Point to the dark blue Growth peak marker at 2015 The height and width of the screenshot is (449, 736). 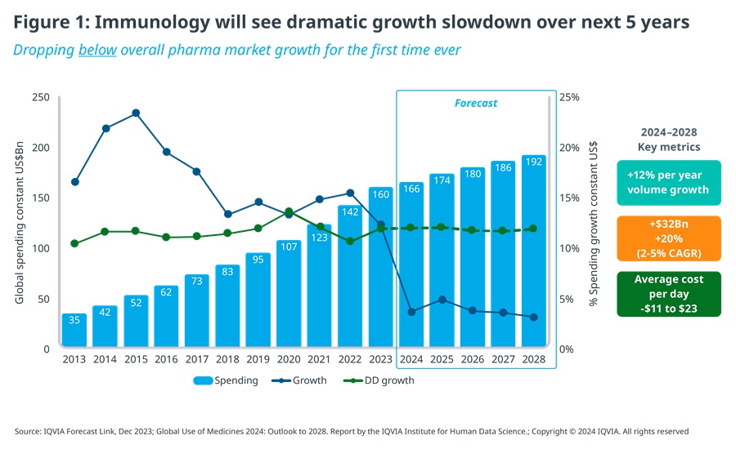(x=136, y=113)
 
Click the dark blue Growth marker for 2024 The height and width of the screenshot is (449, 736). (x=411, y=312)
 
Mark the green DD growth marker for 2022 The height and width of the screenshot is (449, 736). (x=350, y=241)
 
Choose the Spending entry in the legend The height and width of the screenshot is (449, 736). (x=226, y=380)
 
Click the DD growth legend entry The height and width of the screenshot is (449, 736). (x=385, y=380)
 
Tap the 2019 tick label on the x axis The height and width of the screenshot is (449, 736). (x=258, y=359)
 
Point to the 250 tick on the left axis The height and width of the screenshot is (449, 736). (x=41, y=97)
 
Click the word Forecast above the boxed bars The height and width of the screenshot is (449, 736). (x=476, y=104)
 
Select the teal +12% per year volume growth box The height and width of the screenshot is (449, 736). (x=669, y=182)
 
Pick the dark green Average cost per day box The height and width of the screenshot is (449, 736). (x=669, y=294)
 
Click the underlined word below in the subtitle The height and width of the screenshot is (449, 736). (x=99, y=50)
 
